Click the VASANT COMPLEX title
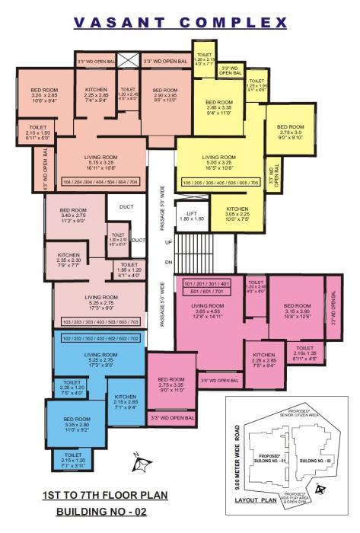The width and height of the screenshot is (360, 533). [180, 24]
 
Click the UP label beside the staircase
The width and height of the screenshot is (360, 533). [169, 241]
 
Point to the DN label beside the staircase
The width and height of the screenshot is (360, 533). [169, 263]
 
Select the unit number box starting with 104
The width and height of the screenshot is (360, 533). [100, 184]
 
